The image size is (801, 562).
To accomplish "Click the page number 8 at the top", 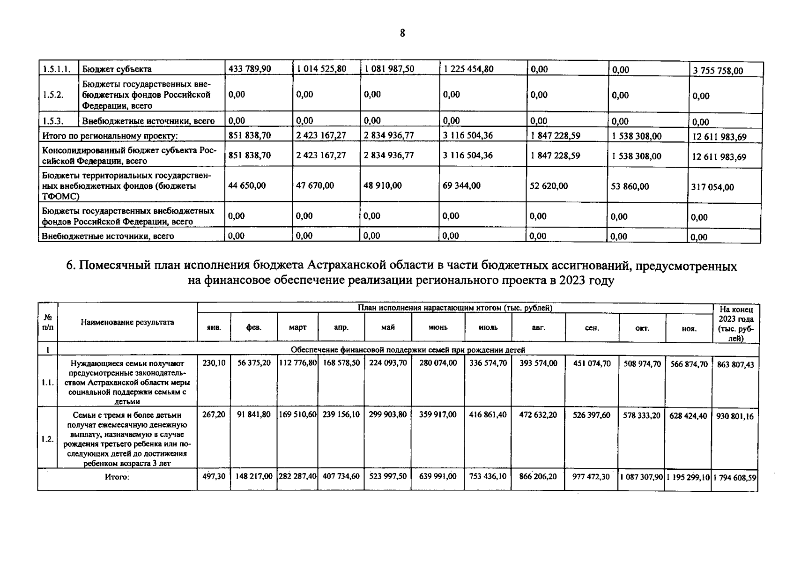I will click(402, 33).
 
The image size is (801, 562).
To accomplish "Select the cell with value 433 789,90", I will click(249, 69).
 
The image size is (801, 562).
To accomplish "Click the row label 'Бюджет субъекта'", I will click(117, 69).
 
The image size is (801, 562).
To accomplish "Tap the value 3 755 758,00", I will click(718, 71).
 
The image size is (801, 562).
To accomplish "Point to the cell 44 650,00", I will click(246, 185).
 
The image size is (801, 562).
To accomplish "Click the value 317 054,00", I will click(712, 187).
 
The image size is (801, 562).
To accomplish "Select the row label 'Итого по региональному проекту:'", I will click(110, 136).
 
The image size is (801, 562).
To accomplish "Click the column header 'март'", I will click(297, 327).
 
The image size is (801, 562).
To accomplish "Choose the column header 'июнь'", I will click(438, 327).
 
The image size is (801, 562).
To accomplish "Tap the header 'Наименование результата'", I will click(127, 322).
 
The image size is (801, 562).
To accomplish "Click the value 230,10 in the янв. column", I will click(214, 363).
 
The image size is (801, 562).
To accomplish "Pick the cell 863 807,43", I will click(735, 364).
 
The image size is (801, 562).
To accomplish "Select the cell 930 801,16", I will click(735, 416).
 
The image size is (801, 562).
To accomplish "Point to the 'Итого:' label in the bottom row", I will click(117, 477).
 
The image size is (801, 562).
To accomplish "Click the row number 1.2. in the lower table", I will click(47, 439).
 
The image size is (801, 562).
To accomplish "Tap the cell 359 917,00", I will click(438, 414).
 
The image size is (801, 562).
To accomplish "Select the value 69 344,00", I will click(461, 185).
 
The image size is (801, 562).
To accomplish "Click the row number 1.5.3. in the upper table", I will click(53, 121).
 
